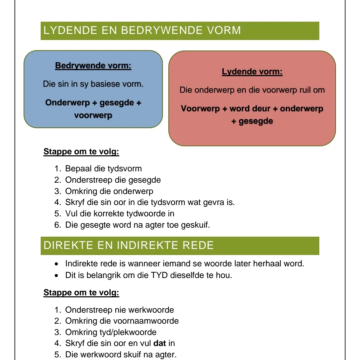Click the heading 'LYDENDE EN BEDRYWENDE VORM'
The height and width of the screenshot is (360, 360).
coord(142,30)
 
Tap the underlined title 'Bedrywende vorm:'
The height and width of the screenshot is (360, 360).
coord(93,66)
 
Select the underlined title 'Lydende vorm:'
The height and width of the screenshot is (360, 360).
coord(252,72)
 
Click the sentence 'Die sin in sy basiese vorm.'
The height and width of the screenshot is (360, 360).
coord(93,84)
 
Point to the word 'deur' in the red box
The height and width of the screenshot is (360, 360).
coord(255,109)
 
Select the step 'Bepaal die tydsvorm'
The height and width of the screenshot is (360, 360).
coord(103,168)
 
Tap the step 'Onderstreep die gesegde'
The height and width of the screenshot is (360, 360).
coord(113,180)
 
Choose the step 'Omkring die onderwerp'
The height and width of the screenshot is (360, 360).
coord(109,191)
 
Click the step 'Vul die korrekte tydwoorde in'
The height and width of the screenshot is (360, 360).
coord(120,214)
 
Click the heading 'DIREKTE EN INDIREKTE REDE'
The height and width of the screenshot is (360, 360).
coord(128,245)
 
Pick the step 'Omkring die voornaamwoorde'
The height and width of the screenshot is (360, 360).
coord(122,321)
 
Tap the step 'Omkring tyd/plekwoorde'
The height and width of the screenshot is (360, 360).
coord(111,332)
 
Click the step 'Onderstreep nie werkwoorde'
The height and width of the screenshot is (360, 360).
coord(119,310)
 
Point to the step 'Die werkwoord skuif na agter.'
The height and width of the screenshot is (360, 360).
coord(121,354)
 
